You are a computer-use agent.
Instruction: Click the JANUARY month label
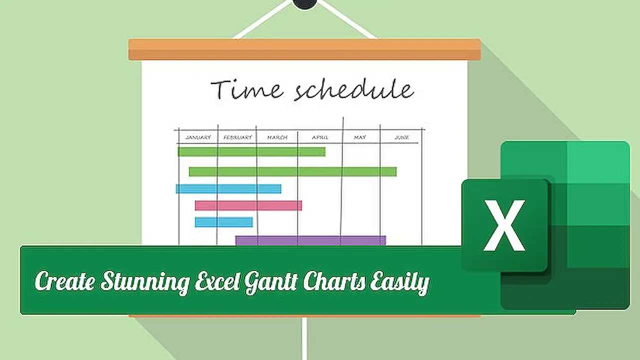pyautogui.click(x=198, y=137)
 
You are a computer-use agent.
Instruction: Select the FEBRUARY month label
pyautogui.click(x=237, y=137)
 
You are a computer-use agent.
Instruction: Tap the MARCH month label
pyautogui.click(x=277, y=137)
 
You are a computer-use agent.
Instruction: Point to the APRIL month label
pyautogui.click(x=320, y=137)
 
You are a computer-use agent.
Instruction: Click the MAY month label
pyautogui.click(x=360, y=137)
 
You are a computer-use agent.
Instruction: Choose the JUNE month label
pyautogui.click(x=401, y=137)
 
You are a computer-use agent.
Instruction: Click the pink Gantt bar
pyautogui.click(x=248, y=205)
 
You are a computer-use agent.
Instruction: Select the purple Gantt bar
pyautogui.click(x=310, y=240)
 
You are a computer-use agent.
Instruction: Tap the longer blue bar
pyautogui.click(x=228, y=188)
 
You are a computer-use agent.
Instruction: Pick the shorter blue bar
pyautogui.click(x=223, y=222)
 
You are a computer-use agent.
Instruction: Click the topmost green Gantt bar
pyautogui.click(x=251, y=151)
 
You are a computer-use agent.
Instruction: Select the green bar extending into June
pyautogui.click(x=292, y=171)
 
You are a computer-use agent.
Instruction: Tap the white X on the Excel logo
pyautogui.click(x=504, y=225)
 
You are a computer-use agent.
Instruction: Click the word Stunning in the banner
pyautogui.click(x=144, y=281)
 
